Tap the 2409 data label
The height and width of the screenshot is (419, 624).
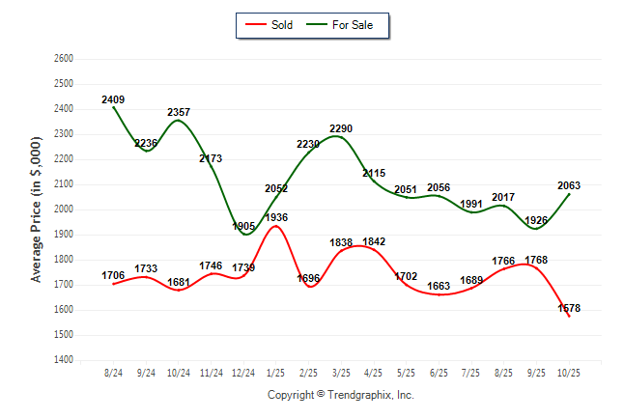(x=113, y=99)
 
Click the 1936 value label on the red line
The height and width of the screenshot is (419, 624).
(x=276, y=218)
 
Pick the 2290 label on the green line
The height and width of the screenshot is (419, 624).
(x=342, y=128)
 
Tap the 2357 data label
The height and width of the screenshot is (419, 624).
(x=179, y=112)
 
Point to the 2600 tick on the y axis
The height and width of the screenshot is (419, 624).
(x=65, y=59)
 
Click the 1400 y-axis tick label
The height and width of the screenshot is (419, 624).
(x=65, y=360)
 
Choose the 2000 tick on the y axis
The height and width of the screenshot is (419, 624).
(x=65, y=209)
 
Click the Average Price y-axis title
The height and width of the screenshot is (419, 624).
(x=38, y=209)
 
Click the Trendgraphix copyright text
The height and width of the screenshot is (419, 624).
(x=340, y=395)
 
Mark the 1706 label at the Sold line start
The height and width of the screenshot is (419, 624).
(x=113, y=276)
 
